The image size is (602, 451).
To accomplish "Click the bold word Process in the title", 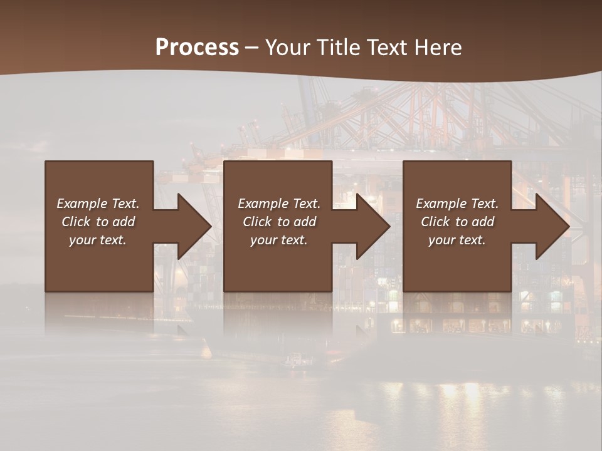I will click(197, 48).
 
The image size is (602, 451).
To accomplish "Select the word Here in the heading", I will click(438, 48).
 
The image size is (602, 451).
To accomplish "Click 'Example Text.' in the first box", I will click(98, 204).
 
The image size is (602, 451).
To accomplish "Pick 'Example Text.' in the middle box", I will click(278, 204).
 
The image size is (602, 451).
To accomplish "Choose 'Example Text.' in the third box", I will click(457, 204).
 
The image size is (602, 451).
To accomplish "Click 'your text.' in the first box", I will click(98, 240).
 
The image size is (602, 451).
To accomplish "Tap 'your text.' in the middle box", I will click(278, 240).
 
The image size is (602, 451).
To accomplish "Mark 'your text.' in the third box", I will click(457, 240).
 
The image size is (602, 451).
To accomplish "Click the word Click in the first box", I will click(75, 222).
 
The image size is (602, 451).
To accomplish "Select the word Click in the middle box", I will click(256, 222).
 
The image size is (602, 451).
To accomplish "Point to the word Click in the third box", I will click(435, 222).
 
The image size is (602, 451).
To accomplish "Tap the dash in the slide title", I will click(251, 48).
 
